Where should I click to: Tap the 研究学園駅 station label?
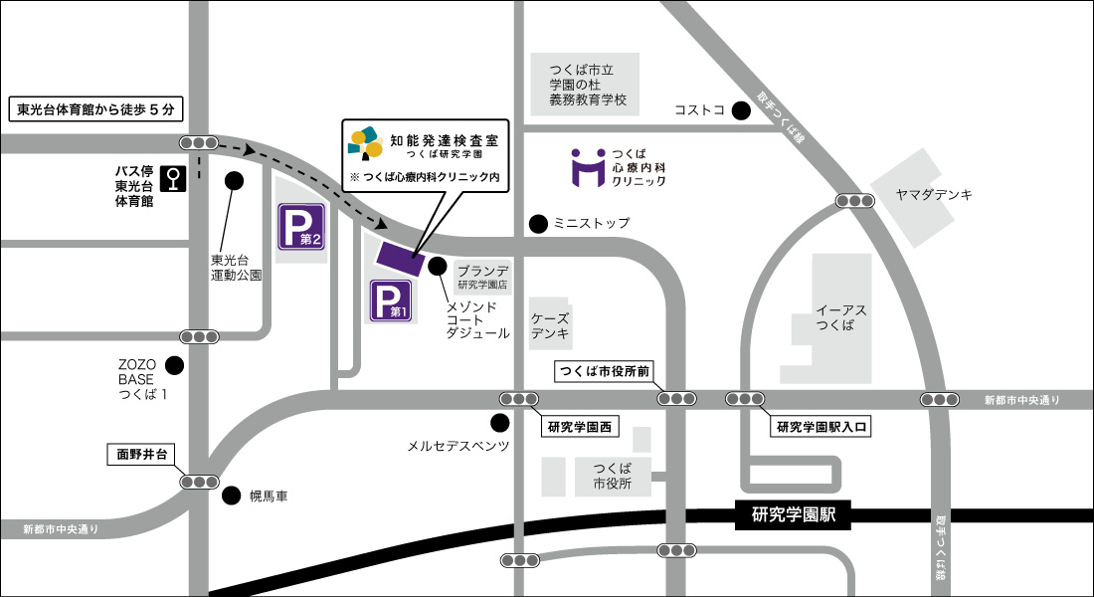point(793,515)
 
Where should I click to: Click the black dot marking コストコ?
point(741,110)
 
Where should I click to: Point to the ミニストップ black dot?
point(538,224)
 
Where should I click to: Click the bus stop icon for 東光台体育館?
point(175,178)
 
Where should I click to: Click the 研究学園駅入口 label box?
point(821,428)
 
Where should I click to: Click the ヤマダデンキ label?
point(933,195)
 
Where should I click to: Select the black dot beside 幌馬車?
point(232,495)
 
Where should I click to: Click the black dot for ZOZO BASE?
point(175,366)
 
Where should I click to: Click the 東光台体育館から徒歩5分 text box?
point(96,109)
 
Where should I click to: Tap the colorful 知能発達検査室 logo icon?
point(365,142)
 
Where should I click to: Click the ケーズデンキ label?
point(549,326)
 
